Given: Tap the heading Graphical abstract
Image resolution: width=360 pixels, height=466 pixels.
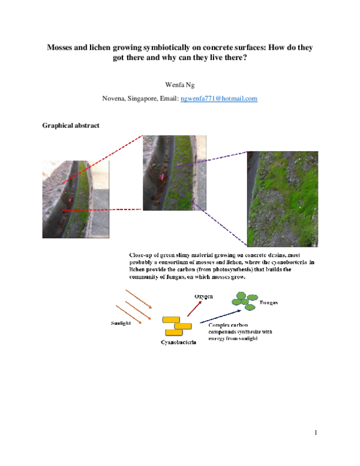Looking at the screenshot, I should pyautogui.click(x=71, y=126).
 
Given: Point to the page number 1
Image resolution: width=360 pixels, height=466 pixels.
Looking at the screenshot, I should pyautogui.click(x=314, y=432).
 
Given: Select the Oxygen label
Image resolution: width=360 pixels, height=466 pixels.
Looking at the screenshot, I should pyautogui.click(x=203, y=297).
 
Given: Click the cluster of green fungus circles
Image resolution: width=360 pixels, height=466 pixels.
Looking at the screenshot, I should pyautogui.click(x=244, y=300).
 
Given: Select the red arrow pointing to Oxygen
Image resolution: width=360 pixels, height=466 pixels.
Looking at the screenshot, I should pyautogui.click(x=194, y=308).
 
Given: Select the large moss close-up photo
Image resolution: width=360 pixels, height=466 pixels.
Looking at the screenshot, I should pyautogui.click(x=282, y=199).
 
